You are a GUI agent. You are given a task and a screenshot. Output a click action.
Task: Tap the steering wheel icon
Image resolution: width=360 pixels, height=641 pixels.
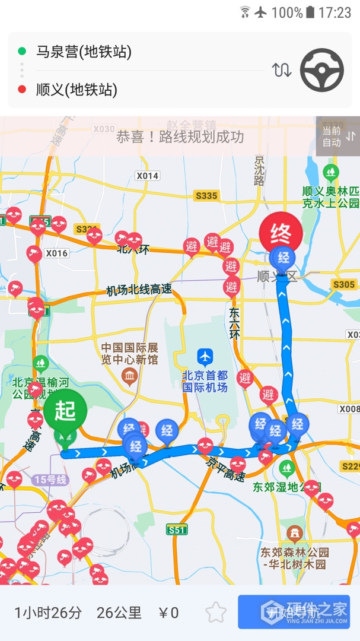322,70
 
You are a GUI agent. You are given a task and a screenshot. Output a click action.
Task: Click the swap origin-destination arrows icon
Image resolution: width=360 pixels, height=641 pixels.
282,70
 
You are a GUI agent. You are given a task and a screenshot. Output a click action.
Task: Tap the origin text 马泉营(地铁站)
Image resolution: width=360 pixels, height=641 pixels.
84,52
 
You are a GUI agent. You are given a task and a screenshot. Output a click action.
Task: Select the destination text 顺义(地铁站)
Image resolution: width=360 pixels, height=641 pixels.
77,90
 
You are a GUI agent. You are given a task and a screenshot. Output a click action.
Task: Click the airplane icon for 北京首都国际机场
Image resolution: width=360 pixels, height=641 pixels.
205,357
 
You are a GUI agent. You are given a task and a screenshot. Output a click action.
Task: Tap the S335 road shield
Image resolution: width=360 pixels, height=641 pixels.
206,195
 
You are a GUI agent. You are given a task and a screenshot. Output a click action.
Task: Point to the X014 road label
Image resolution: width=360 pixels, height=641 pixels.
147,176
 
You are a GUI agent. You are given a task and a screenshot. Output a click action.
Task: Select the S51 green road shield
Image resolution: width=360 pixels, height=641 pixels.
177,529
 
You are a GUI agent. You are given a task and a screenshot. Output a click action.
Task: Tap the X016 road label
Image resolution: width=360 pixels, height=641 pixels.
57,253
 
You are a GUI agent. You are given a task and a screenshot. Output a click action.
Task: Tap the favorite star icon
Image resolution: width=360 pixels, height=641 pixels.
216,613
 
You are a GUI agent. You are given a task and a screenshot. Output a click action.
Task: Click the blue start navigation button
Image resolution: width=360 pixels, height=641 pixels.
294,612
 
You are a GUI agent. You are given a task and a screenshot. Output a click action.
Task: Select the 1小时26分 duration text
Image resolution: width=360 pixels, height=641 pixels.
48,613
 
